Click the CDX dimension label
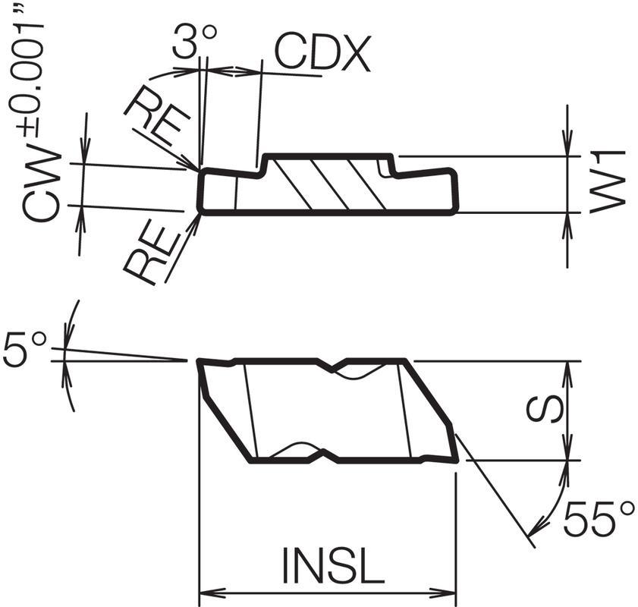point(322,54)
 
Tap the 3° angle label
point(194,41)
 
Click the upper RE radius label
point(158,117)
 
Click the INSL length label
point(333,565)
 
